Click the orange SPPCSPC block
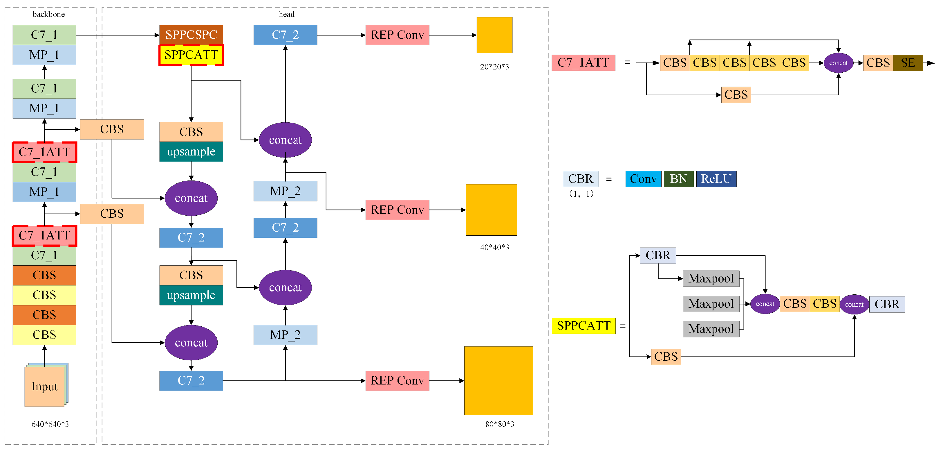[x=191, y=35]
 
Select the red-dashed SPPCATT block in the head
[x=191, y=55]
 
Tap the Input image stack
[x=45, y=386]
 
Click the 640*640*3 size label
[x=50, y=424]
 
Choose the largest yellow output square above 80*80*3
[x=498, y=380]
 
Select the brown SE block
[x=908, y=63]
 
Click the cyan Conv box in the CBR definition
[x=643, y=179]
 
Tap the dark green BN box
[x=678, y=179]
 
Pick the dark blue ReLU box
[x=716, y=179]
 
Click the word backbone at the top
[x=49, y=14]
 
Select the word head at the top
[x=286, y=14]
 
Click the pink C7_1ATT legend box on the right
[x=583, y=63]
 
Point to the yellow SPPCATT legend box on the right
[x=583, y=325]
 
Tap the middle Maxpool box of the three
[x=711, y=304]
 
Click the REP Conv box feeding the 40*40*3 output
[x=397, y=210]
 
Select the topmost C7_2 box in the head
[x=285, y=35]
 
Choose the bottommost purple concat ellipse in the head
[x=191, y=343]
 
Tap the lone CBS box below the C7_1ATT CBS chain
[x=736, y=95]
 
